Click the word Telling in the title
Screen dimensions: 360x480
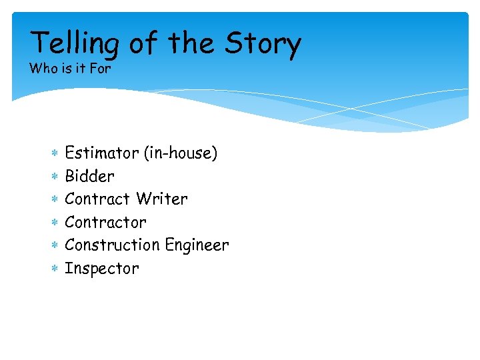click(75, 44)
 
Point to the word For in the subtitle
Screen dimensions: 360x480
click(100, 69)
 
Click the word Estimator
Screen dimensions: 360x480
click(101, 153)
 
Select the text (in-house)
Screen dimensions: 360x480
click(181, 153)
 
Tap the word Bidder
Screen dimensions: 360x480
click(89, 177)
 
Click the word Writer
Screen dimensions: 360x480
click(162, 199)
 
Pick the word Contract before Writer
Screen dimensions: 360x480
click(98, 199)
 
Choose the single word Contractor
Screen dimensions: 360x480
click(105, 222)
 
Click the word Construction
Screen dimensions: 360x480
click(113, 245)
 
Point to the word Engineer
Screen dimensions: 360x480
click(197, 245)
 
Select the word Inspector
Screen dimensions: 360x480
click(102, 269)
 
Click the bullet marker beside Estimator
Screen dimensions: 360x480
click(55, 154)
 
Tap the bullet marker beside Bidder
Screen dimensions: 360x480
click(55, 177)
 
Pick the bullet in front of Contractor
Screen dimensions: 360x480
click(55, 223)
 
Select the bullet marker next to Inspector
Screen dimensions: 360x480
click(55, 269)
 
